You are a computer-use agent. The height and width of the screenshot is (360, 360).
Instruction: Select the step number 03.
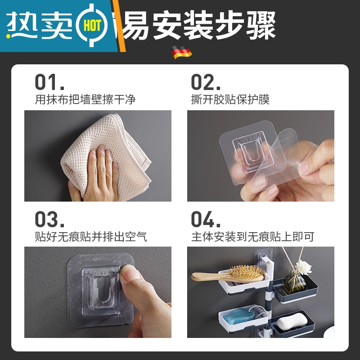(x=49, y=219)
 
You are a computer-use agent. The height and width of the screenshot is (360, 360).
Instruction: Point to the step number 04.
(x=206, y=219)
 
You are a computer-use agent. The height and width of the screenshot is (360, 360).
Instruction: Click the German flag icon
(x=182, y=53)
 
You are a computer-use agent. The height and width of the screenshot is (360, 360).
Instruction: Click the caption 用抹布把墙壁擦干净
(x=85, y=99)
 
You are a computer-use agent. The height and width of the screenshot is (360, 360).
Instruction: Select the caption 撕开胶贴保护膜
(x=230, y=99)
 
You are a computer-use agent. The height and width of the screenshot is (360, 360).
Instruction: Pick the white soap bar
(x=289, y=323)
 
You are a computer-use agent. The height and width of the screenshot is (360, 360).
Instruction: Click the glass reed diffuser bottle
(x=295, y=283)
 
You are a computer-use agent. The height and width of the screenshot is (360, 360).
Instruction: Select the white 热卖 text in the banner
(x=40, y=26)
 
